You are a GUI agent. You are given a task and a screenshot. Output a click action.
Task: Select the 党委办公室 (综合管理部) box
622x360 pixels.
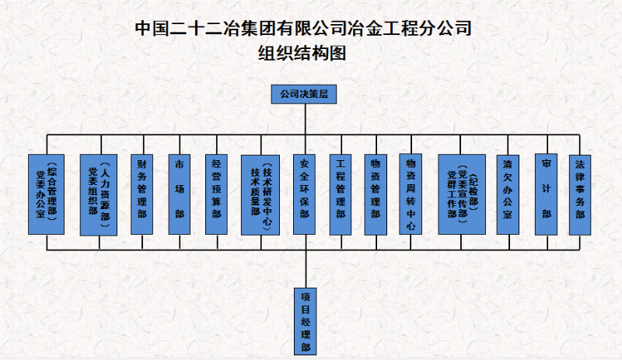pyautogui.click(x=47, y=194)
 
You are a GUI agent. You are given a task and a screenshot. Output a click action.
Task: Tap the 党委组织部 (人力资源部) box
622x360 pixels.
pyautogui.click(x=98, y=194)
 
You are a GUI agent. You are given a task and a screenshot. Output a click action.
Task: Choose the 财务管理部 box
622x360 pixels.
pyautogui.click(x=142, y=194)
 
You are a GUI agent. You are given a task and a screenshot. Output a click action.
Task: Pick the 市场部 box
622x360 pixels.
pyautogui.click(x=180, y=194)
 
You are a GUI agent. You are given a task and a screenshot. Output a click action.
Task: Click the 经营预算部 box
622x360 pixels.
pyautogui.click(x=217, y=194)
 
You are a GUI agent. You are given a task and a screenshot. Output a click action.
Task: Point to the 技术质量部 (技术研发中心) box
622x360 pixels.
pyautogui.click(x=260, y=194)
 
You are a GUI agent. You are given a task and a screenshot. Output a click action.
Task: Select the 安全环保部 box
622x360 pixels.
pyautogui.click(x=305, y=194)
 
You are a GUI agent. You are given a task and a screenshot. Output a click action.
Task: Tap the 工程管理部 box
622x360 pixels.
pyautogui.click(x=340, y=194)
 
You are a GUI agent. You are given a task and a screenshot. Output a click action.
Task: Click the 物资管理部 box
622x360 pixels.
pyautogui.click(x=376, y=194)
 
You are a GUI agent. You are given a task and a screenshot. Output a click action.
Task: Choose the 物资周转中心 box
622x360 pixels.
pyautogui.click(x=411, y=194)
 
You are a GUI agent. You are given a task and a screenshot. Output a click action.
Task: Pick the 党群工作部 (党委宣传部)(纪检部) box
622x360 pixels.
pyautogui.click(x=462, y=194)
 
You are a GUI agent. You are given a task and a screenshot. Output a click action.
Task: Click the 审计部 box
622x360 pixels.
pyautogui.click(x=547, y=194)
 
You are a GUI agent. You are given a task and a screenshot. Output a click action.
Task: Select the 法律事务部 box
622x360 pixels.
pyautogui.click(x=580, y=194)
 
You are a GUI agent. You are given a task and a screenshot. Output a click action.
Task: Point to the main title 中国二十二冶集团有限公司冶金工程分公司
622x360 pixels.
pyautogui.click(x=303, y=29)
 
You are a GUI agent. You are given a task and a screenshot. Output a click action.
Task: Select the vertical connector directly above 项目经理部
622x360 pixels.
pyautogui.click(x=305, y=268)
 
